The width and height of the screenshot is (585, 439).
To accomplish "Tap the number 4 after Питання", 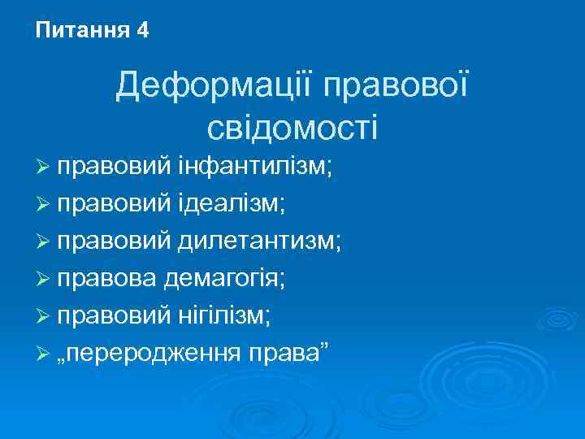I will (x=143, y=31).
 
